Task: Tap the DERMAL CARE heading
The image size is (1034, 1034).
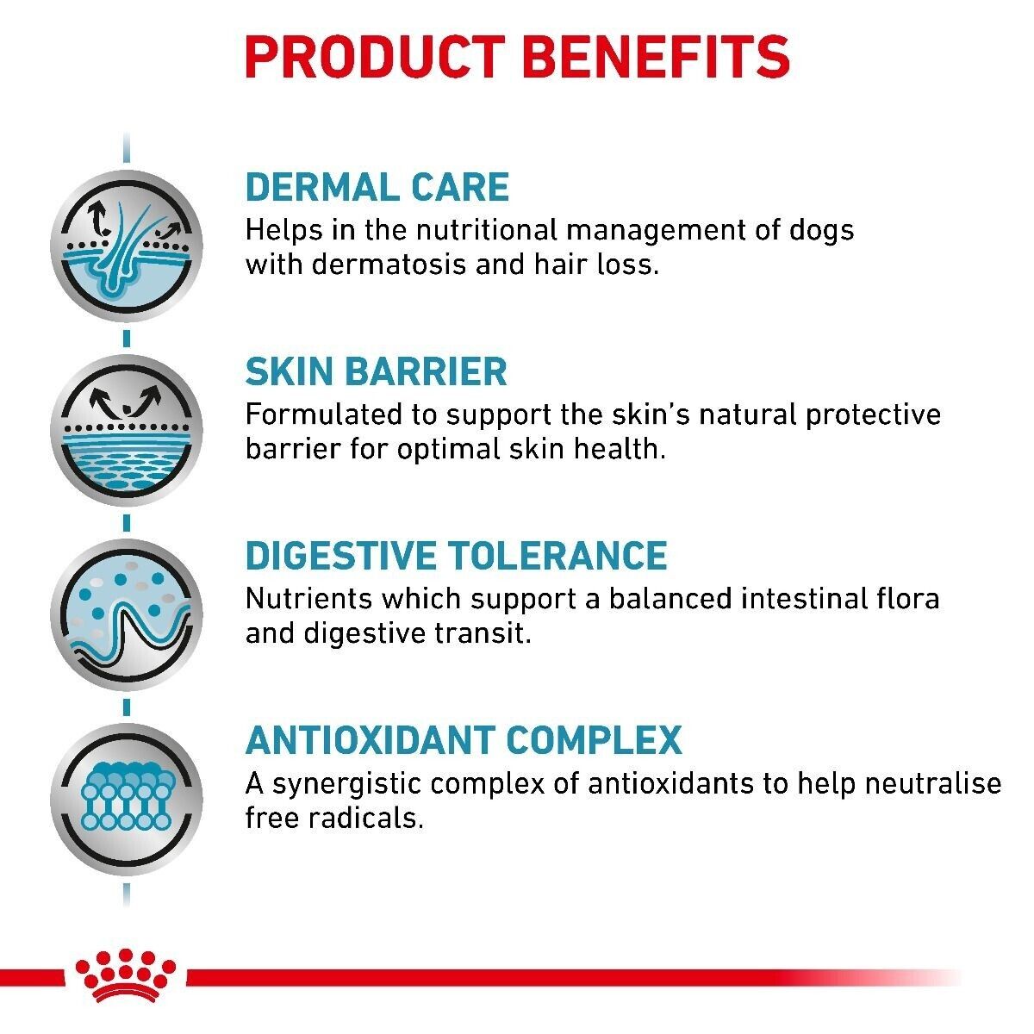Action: [377, 188]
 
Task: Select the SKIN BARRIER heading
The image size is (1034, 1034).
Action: [376, 372]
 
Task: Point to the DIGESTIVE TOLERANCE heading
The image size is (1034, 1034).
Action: [456, 556]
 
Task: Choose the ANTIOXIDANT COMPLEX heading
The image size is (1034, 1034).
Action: [463, 740]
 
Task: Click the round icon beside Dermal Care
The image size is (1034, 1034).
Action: [127, 246]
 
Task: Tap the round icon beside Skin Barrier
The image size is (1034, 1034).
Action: [127, 429]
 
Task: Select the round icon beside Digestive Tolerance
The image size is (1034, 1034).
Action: [127, 614]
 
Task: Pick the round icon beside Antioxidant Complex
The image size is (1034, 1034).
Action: [127, 798]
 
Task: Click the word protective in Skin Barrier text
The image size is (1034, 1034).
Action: [873, 415]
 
